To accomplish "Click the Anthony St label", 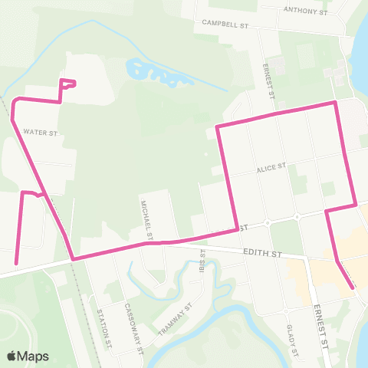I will click(305, 11).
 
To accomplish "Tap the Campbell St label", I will click(227, 23).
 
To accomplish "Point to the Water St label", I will click(41, 132).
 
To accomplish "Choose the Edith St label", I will click(262, 251).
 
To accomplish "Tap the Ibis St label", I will click(203, 261).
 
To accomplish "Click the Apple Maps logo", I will click(28, 356).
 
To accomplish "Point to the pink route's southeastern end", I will click(353, 287).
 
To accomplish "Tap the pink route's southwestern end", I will click(17, 263).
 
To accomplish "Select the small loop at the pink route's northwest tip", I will click(68, 84).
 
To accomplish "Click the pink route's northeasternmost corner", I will click(335, 102).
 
